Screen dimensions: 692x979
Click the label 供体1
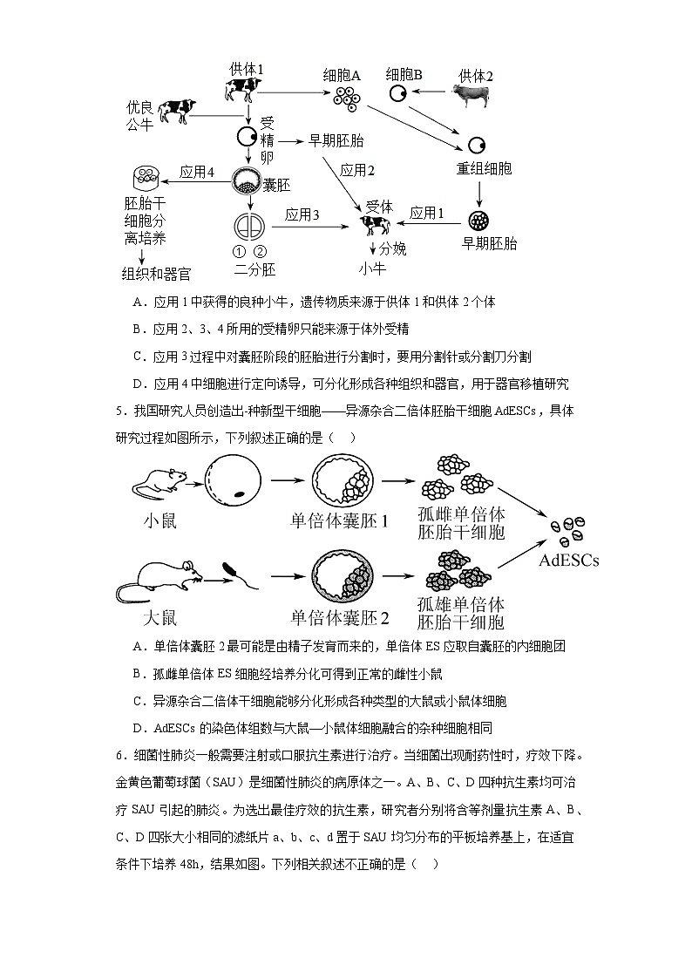click(x=246, y=69)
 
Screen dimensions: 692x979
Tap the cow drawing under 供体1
click(x=243, y=90)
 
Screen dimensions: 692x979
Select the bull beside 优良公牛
click(x=176, y=111)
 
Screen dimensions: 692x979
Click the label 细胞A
click(x=342, y=76)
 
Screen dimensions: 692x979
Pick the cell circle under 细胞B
click(x=397, y=94)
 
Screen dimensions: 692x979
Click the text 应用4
click(x=197, y=172)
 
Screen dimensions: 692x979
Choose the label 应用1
click(x=427, y=212)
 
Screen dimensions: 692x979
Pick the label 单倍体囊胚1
click(x=339, y=521)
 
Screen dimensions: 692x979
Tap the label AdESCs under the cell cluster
click(x=568, y=561)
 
